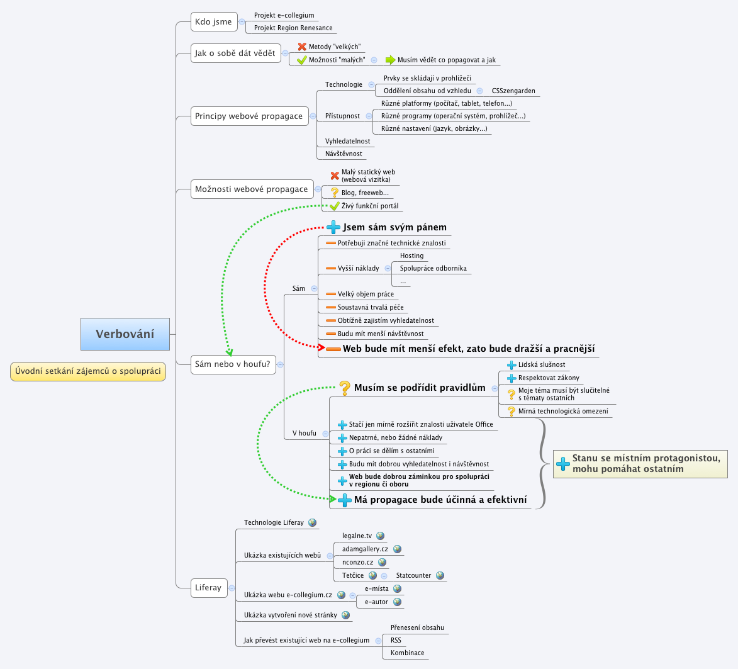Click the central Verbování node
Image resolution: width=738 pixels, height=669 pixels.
click(x=125, y=334)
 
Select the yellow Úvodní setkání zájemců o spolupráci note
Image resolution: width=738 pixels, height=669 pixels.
click(x=88, y=371)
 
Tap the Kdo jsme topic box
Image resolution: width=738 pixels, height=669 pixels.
click(x=213, y=21)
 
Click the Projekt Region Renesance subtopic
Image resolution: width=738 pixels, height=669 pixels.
click(x=293, y=28)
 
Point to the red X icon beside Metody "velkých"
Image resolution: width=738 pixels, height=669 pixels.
click(x=302, y=47)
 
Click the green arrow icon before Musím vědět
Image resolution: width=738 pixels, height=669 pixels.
click(x=390, y=60)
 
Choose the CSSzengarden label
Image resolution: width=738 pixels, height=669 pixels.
click(x=513, y=91)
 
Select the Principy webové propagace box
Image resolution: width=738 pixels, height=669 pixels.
click(x=249, y=116)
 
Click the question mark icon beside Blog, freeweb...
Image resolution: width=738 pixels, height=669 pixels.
click(x=335, y=193)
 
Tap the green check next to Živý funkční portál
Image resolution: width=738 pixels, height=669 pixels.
click(x=335, y=206)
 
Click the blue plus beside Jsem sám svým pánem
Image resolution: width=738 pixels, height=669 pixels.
click(x=333, y=227)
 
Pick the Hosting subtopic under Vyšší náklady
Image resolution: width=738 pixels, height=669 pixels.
click(x=411, y=256)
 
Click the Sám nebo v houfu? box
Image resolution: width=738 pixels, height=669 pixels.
click(x=233, y=364)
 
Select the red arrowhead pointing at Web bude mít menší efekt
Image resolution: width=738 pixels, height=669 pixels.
click(x=321, y=347)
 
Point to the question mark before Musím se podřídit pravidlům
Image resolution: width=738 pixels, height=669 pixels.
click(x=345, y=387)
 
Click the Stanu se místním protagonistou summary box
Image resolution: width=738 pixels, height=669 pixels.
click(x=640, y=464)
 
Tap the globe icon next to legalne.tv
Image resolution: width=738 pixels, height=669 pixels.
click(x=380, y=536)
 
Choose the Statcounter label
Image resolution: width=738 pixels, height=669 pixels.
click(x=413, y=575)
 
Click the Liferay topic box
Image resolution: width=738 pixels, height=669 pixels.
click(x=208, y=588)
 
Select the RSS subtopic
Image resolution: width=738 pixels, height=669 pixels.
click(x=396, y=640)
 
